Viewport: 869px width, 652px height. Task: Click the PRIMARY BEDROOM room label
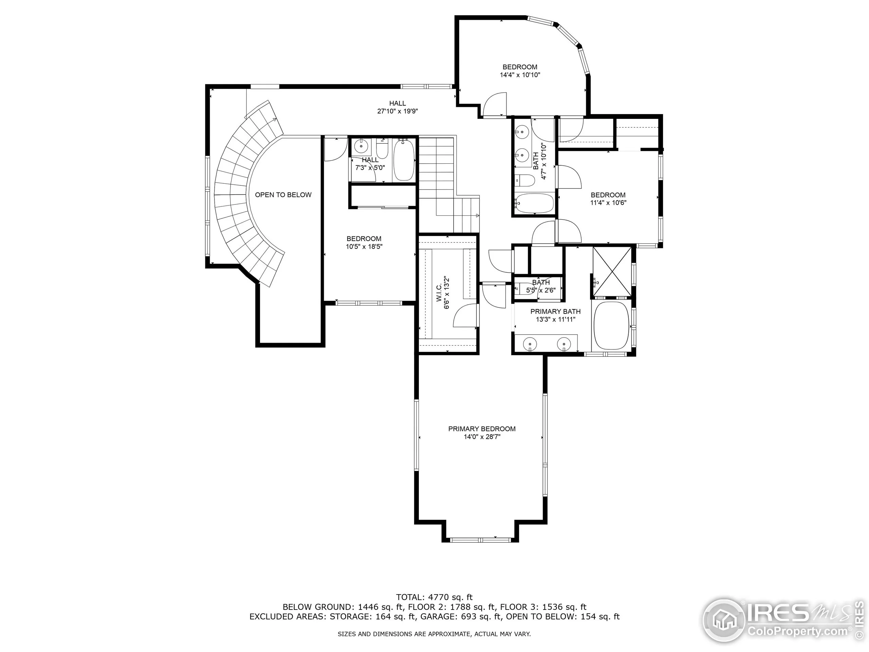[482, 429]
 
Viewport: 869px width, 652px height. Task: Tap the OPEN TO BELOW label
[283, 195]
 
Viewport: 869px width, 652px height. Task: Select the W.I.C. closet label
[439, 293]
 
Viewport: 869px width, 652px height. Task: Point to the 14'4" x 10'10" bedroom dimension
[520, 75]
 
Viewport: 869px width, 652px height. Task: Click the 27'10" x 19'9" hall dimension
[397, 111]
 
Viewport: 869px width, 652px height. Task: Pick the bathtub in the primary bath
[611, 325]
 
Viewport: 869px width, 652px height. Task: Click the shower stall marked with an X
[612, 272]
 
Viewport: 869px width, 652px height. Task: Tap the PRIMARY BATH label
[555, 312]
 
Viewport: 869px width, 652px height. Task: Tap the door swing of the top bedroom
[494, 105]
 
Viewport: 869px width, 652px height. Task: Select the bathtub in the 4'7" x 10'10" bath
[534, 203]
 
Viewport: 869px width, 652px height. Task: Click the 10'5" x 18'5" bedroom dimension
[364, 247]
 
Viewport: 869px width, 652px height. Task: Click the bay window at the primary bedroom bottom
[480, 540]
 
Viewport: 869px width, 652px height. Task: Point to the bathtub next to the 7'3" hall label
[404, 160]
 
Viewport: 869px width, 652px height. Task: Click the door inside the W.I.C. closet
[466, 315]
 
